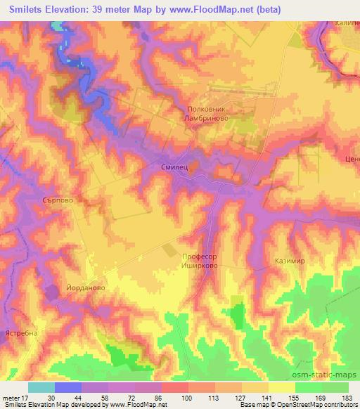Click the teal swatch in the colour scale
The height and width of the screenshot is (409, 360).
tap(41, 387)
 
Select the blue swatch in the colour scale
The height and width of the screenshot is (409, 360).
tap(67, 387)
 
